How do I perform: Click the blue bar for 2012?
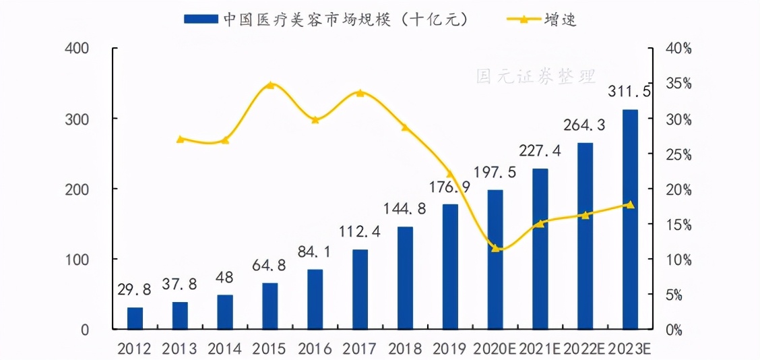(135, 318)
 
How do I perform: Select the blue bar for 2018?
(405, 278)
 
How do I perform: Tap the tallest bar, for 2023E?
(630, 219)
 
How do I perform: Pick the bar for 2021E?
(540, 249)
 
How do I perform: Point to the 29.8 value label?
(135, 289)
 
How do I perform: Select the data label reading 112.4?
(360, 232)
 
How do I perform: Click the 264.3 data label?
(585, 125)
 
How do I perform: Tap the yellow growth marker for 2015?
(270, 85)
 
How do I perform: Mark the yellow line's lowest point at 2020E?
(495, 248)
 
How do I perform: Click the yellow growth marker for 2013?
(180, 139)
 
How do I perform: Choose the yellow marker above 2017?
(360, 92)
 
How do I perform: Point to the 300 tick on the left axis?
(94, 119)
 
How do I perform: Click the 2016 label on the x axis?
(315, 349)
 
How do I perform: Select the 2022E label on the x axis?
(584, 349)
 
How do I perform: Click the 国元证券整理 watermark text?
(536, 76)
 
